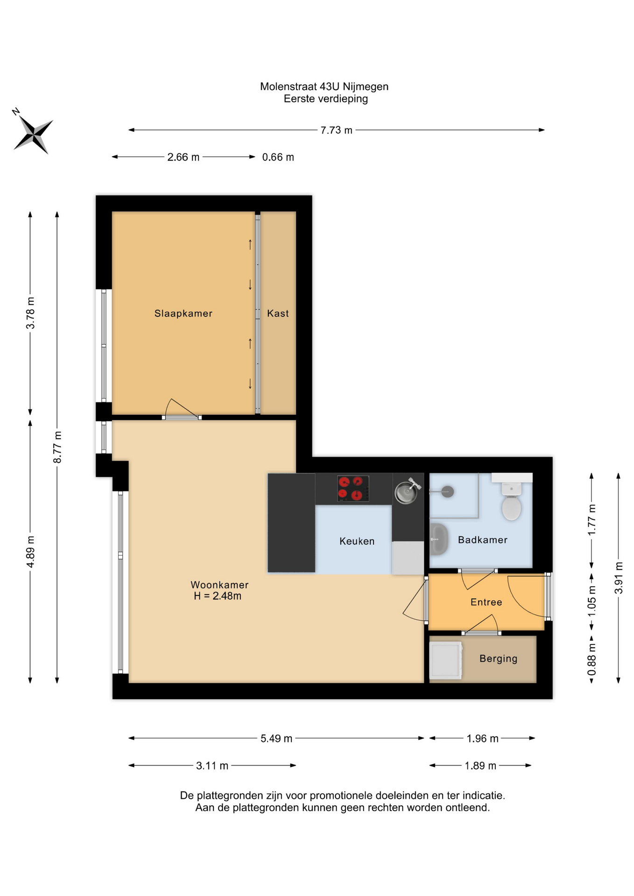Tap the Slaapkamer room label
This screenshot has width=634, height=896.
(x=183, y=314)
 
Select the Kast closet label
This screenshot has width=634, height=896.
(x=278, y=314)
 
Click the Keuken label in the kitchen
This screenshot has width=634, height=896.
(x=357, y=541)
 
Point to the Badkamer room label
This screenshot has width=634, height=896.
(x=482, y=540)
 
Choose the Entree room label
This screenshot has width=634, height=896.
(x=486, y=602)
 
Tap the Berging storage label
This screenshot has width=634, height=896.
(x=498, y=658)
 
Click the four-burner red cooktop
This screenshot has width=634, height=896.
(x=353, y=489)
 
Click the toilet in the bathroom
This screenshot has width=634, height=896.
(x=512, y=501)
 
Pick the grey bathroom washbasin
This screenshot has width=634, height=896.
(x=438, y=539)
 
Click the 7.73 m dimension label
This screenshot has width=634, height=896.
(x=336, y=130)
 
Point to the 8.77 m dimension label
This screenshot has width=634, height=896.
(x=57, y=448)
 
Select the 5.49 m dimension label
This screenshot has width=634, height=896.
(x=276, y=738)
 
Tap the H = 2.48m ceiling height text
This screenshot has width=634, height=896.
(x=218, y=596)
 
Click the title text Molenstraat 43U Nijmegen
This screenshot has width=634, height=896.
(x=324, y=86)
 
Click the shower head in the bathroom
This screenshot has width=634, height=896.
(x=447, y=491)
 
